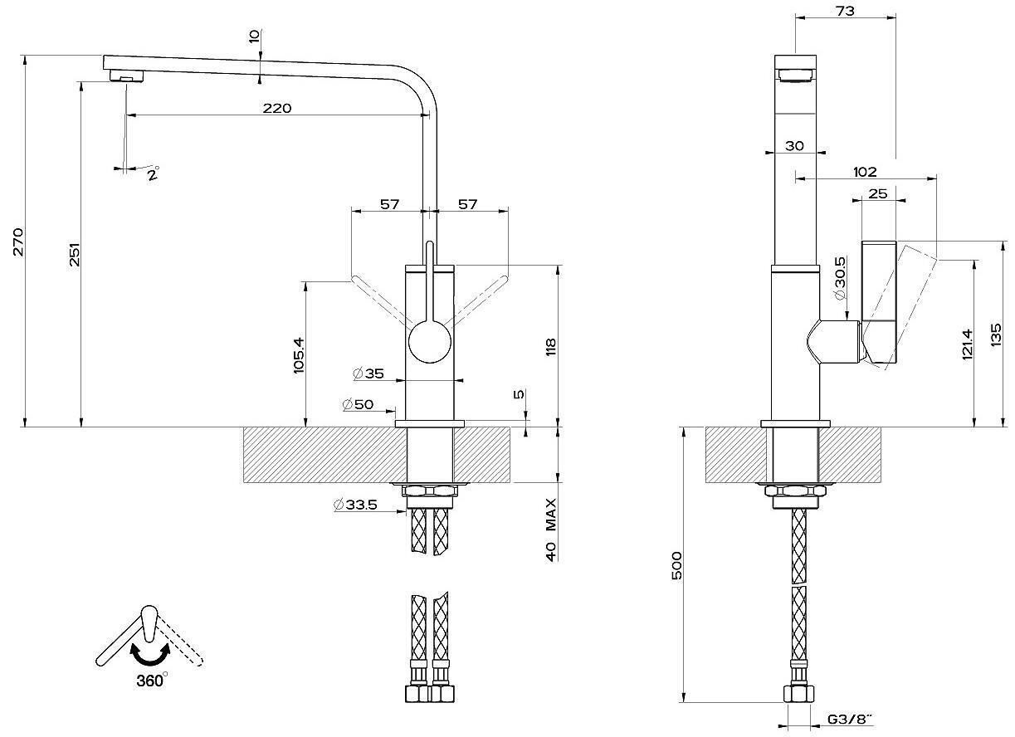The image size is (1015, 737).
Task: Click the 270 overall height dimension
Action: tap(18, 242)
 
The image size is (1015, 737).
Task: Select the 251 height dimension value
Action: tap(75, 255)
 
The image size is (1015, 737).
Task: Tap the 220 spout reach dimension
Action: tap(277, 109)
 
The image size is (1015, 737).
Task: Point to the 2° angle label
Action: tap(154, 173)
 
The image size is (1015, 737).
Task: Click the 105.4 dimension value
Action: tap(300, 355)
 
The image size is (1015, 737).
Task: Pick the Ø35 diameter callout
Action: tap(368, 374)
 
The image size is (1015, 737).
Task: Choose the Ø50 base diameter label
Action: tap(359, 404)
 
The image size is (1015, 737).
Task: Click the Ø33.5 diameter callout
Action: tap(356, 505)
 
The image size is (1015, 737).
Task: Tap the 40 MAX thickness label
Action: tap(550, 530)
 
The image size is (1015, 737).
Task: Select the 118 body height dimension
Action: tap(550, 347)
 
